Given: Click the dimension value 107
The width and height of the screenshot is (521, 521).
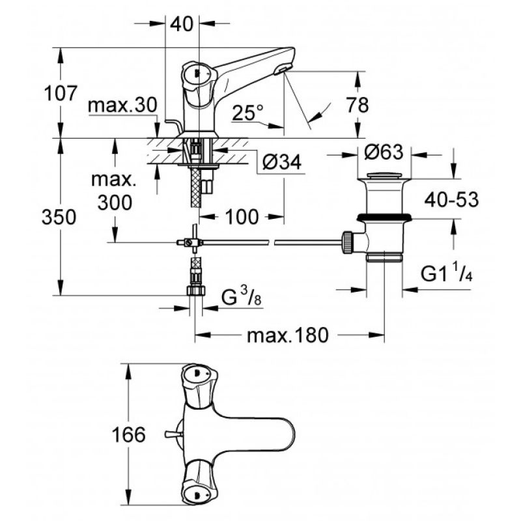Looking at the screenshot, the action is tap(61, 93).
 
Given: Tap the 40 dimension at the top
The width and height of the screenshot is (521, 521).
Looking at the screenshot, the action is tap(182, 24).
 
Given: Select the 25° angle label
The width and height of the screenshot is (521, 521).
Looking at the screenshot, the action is tap(247, 113).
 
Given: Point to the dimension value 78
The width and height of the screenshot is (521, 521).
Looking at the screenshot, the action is tap(358, 105).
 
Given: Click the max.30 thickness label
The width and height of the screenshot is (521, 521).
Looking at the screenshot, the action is tap(122, 106).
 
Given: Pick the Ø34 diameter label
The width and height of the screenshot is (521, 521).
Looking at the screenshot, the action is tap(282, 162).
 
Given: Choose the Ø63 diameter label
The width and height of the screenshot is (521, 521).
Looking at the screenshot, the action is tap(384, 152).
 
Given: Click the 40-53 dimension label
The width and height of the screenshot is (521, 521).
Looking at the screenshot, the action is tap(451, 200).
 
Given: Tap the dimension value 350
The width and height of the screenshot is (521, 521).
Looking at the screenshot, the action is tap(59, 218).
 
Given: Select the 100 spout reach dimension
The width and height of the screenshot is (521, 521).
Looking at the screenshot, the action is tap(242, 217).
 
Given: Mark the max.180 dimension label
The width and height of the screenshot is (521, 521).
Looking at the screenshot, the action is tap(288, 335).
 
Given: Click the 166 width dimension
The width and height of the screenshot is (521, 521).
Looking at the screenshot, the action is tap(128, 434).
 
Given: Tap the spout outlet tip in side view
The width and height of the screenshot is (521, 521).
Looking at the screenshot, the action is tap(282, 70).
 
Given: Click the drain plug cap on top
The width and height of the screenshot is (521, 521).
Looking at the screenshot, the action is tap(384, 175).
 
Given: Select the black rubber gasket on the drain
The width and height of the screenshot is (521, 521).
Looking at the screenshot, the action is tap(384, 218).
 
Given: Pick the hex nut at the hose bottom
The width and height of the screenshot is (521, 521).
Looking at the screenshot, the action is tap(196, 290).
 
